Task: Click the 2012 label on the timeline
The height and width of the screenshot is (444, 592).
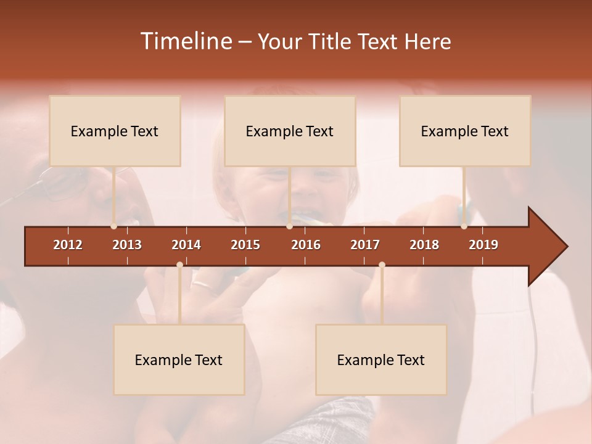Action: click(68, 245)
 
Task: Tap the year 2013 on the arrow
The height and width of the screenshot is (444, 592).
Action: click(127, 245)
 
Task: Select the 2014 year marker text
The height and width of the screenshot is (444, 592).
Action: click(186, 245)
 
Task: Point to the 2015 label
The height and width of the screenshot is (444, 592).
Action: click(245, 245)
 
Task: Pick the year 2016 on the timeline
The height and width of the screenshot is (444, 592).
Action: click(306, 245)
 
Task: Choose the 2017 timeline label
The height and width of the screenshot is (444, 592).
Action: click(365, 245)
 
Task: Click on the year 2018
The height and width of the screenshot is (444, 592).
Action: click(424, 245)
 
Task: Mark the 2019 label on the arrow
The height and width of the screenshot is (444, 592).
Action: click(483, 245)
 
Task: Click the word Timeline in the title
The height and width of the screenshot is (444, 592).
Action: click(185, 41)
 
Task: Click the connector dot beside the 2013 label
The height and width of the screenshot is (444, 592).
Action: click(113, 226)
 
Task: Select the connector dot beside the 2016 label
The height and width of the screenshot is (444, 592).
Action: click(289, 226)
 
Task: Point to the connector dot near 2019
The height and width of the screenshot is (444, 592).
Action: click(464, 226)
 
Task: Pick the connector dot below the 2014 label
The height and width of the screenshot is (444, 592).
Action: click(179, 265)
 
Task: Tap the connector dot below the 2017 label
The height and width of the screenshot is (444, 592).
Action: click(382, 265)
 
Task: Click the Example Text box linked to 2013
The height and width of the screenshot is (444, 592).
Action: click(115, 131)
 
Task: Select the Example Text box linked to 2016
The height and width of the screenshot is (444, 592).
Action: click(290, 131)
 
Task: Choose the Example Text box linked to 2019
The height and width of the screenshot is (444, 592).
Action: click(465, 131)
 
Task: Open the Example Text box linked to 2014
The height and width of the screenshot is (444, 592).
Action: click(179, 360)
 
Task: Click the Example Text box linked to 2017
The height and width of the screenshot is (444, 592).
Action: click(381, 360)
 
